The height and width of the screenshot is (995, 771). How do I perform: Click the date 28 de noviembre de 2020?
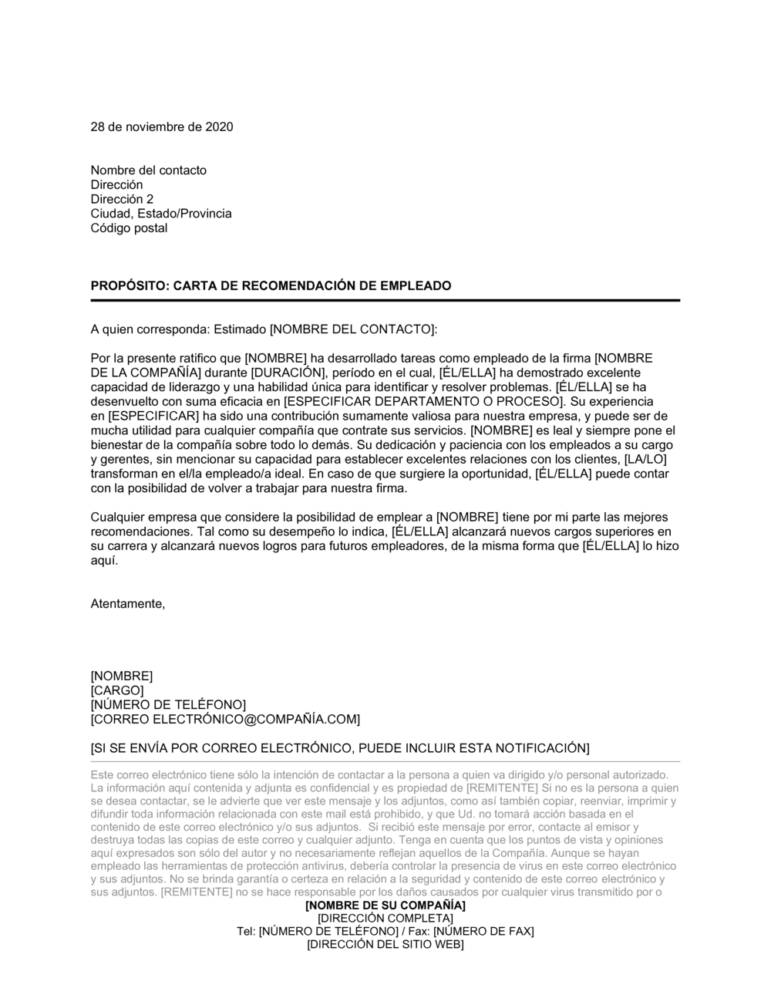click(x=162, y=126)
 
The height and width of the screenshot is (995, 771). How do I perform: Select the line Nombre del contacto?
click(x=148, y=170)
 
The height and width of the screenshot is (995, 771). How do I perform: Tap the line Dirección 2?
click(x=122, y=199)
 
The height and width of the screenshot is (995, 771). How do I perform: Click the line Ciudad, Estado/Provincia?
click(x=160, y=214)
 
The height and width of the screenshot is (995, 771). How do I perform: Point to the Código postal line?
click(x=129, y=228)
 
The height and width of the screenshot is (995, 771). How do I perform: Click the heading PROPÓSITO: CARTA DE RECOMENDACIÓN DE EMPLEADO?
click(x=271, y=285)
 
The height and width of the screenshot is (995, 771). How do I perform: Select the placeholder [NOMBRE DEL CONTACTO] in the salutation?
click(x=352, y=329)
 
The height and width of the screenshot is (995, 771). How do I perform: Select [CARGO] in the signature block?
click(x=117, y=690)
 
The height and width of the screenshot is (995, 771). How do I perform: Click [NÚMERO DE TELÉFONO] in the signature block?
click(x=168, y=705)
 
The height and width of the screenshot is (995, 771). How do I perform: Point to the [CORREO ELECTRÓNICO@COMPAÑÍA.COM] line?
click(x=225, y=720)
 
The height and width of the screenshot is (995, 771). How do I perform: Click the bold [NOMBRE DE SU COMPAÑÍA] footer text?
click(x=385, y=905)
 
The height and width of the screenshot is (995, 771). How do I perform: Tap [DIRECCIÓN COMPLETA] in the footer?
click(x=385, y=918)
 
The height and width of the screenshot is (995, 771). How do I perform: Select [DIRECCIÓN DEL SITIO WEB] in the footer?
click(x=385, y=944)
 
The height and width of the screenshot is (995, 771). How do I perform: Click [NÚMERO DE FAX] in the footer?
click(x=483, y=931)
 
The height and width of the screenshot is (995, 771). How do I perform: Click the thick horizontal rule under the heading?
click(x=385, y=300)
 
